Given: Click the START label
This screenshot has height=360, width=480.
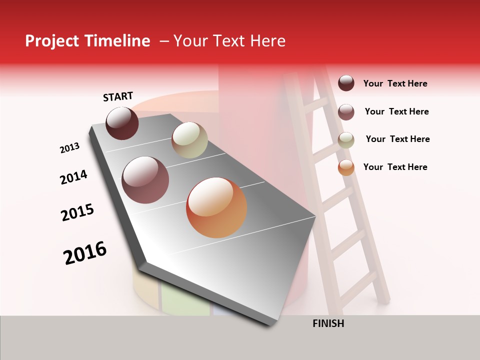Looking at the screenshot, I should (118, 96).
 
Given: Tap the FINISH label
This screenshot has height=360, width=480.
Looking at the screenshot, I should (328, 323).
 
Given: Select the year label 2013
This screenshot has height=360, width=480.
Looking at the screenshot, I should (70, 148).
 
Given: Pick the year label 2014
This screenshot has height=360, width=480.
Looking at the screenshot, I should (73, 177).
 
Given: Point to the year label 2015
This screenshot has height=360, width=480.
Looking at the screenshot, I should (77, 212).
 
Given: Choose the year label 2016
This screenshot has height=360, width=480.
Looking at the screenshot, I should (85, 252).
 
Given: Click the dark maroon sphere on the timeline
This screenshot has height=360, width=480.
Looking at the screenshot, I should (122, 123).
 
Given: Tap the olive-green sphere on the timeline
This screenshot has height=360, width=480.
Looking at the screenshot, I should (189, 140).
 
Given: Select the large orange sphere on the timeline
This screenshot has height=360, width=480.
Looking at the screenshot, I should (216, 207).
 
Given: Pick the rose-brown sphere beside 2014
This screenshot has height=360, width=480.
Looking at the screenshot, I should (145, 180).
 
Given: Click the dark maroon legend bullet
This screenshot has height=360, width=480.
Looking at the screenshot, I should (346, 83).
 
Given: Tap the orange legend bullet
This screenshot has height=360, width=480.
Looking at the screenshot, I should (346, 167).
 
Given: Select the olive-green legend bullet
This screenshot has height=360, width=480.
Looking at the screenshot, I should (346, 140).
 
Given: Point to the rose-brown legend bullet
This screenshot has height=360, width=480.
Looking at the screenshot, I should (346, 112).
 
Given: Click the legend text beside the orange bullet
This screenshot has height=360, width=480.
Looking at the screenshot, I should (395, 167).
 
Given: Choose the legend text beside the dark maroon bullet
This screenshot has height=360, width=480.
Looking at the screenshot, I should (395, 83).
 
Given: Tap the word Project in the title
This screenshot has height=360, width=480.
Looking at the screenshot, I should (51, 41).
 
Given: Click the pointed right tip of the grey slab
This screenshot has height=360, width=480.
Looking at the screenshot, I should (315, 217).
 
